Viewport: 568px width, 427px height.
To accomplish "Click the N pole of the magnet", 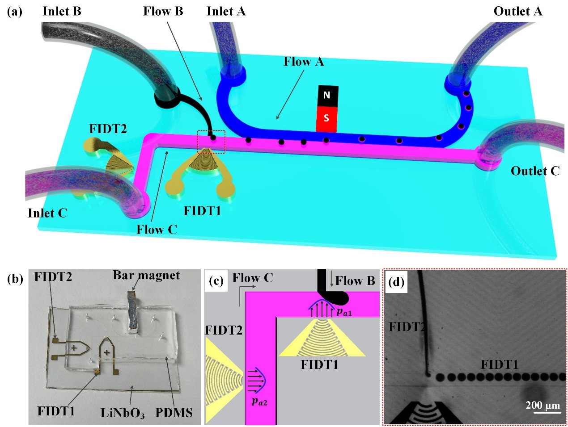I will point(326,96).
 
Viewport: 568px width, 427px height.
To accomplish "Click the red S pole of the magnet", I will point(326,118).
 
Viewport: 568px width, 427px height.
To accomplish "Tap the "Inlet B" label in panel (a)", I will point(62,11).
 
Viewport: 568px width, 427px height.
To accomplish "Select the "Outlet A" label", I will point(517,11).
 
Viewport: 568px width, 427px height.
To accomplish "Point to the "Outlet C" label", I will point(535,171).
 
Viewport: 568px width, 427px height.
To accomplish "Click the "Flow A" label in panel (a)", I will point(304,62).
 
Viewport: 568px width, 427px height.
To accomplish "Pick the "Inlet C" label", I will point(47,213).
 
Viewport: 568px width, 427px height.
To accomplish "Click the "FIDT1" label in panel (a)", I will point(203,210).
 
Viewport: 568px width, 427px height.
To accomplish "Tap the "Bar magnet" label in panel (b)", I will point(146,275).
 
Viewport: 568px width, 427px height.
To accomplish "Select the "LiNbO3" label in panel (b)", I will point(123,413).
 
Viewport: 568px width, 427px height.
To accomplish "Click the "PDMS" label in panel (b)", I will point(174,412).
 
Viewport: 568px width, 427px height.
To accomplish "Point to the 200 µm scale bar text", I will point(543,405).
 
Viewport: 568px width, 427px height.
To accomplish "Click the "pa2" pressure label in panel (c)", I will point(259,401).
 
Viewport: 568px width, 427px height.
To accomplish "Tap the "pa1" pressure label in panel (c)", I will point(344,311).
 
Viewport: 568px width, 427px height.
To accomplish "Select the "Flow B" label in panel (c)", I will point(355,281).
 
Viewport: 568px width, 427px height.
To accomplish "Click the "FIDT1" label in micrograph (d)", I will point(499,365).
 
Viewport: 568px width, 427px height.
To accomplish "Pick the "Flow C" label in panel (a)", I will point(157,230).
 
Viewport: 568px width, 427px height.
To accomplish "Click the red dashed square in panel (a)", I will point(212,142).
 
